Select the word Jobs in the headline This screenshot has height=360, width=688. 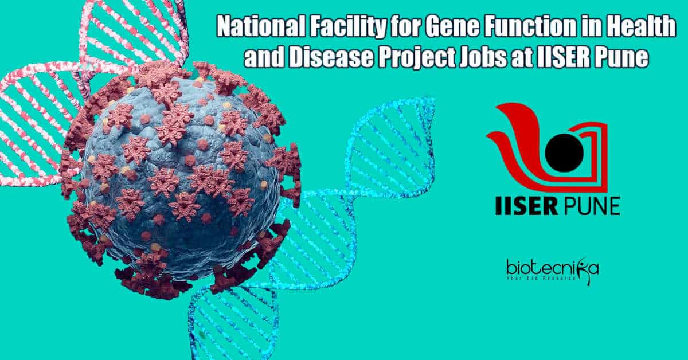tap(480, 57)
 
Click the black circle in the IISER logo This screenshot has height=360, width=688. tap(565, 152)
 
